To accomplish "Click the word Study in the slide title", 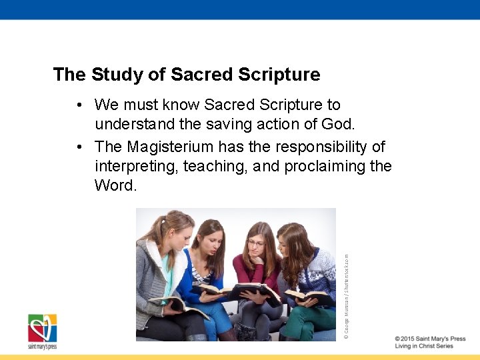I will [117, 75].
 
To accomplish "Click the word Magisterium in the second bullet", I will [171, 146].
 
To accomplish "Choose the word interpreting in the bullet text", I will [134, 166].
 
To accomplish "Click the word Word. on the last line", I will [115, 185].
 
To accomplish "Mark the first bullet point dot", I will [79, 105].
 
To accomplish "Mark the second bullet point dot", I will [79, 147].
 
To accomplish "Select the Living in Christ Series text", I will [423, 347].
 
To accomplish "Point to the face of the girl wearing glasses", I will [256, 243].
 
